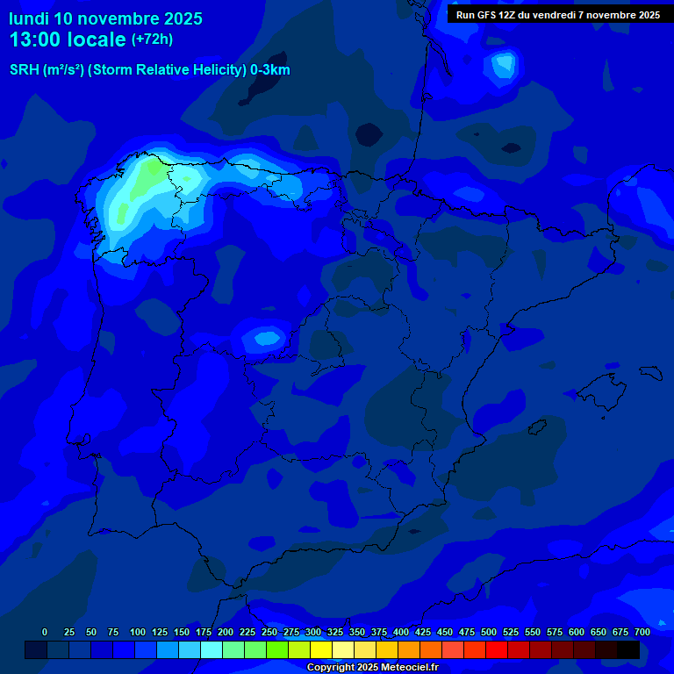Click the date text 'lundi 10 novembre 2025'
click(105, 18)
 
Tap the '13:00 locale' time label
click(68, 39)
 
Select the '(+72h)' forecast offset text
click(152, 39)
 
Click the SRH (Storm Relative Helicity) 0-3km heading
click(149, 70)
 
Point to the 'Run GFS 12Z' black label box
click(558, 15)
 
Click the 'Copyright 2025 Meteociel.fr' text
click(372, 667)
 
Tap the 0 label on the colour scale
click(45, 632)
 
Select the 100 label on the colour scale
click(138, 632)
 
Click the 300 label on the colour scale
click(313, 632)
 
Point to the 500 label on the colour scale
click(489, 632)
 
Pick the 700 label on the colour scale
click(642, 632)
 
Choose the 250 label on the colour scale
click(269, 632)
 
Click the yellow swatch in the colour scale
click(321, 650)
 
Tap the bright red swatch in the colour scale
click(497, 650)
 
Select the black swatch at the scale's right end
click(628, 650)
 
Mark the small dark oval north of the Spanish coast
click(369, 133)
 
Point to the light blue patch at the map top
click(504, 64)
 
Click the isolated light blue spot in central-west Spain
click(262, 337)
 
